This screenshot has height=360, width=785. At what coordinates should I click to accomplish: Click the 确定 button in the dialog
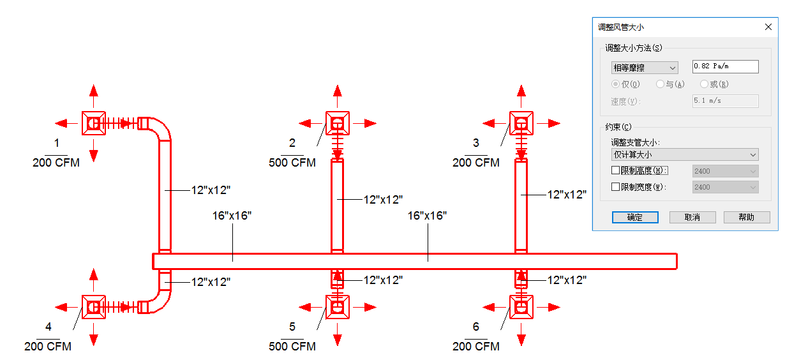[x=635, y=217]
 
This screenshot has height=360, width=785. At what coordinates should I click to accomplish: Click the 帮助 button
[x=747, y=217]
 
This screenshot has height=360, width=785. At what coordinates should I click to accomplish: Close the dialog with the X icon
[x=768, y=27]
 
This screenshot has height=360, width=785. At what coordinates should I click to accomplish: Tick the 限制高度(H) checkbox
[x=615, y=170]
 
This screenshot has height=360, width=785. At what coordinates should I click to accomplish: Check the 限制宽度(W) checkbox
[x=615, y=187]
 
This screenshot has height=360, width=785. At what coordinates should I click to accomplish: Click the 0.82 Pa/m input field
[x=726, y=66]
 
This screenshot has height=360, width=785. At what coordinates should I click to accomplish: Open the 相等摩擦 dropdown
[x=645, y=68]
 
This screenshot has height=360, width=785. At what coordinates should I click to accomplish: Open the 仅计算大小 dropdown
[x=685, y=154]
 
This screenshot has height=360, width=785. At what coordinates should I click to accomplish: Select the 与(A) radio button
[x=661, y=84]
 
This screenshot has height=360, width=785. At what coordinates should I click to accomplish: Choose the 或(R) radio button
[x=704, y=84]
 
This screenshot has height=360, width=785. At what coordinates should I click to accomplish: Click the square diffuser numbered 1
[x=94, y=123]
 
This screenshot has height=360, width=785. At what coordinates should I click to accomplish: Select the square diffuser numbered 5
[x=338, y=308]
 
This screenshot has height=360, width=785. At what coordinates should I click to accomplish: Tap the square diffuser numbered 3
[x=521, y=123]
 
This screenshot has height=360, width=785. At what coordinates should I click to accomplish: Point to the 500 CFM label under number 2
[x=292, y=163]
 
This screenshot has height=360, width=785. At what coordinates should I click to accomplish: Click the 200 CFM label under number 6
[x=476, y=347]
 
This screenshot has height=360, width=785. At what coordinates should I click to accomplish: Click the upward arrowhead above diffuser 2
[x=338, y=91]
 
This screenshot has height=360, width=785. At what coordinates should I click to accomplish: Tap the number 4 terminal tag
[x=49, y=327]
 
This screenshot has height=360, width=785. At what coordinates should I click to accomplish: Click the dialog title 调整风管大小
[x=620, y=27]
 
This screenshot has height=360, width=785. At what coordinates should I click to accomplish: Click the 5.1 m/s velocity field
[x=726, y=101]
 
